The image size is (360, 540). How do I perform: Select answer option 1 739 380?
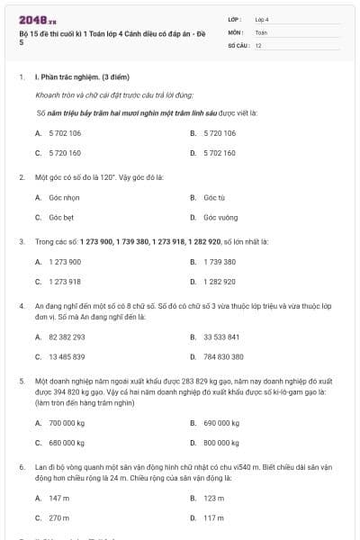220,262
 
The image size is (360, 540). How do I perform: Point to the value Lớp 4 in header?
262,18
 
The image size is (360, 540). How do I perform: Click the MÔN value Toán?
261,31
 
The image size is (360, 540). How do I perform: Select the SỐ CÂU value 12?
258,45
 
